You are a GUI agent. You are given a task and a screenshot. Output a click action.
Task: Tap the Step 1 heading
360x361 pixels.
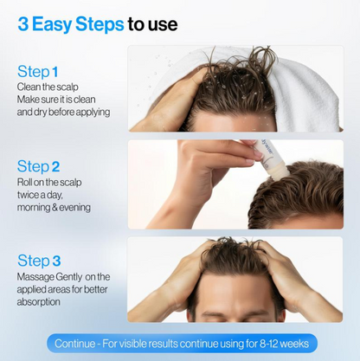(38, 72)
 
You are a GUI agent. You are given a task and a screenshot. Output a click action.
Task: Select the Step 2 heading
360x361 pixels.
(39, 166)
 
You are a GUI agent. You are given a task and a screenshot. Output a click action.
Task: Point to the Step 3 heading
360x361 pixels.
(39, 261)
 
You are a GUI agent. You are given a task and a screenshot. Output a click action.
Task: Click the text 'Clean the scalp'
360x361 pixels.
(48, 87)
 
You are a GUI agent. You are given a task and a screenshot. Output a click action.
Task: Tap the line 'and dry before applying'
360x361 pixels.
(63, 113)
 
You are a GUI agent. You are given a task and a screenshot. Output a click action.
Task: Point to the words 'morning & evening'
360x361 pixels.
(54, 208)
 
